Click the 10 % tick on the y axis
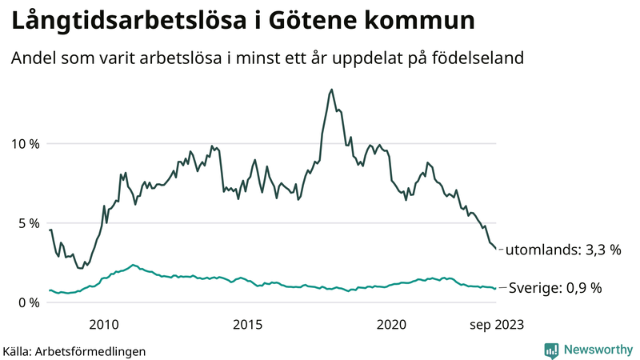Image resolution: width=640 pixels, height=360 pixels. pos(24,144)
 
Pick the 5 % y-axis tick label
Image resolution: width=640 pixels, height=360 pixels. pos(27,223)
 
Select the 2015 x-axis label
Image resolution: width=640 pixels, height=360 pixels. pos(247,324)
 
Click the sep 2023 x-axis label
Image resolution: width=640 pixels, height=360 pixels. pos(496,324)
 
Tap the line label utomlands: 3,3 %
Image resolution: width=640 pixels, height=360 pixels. pos(563,250)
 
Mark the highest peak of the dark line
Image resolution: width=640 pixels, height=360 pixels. pos(331,90)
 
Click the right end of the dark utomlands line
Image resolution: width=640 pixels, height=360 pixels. pos(496,249)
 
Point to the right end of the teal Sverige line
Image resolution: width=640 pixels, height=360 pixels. pos(496,288)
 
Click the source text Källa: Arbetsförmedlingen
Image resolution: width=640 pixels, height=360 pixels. pos(74,350)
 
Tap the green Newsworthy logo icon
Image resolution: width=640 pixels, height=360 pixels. pos(551,350)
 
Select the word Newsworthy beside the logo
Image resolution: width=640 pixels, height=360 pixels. pos(597,350)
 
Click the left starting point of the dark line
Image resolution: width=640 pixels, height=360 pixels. pos(50,230)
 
